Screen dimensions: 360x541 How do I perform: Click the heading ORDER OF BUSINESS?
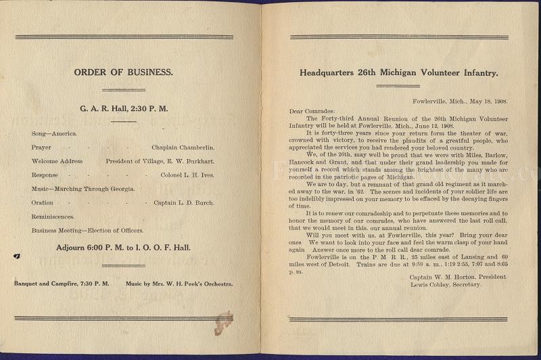(124, 72)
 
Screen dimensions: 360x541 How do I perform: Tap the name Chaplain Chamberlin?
(183, 147)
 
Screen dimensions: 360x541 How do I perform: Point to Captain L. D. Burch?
(184, 203)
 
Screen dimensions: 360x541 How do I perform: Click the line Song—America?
(54, 133)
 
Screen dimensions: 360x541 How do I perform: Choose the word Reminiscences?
(53, 217)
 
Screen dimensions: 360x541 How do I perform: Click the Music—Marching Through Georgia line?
(83, 189)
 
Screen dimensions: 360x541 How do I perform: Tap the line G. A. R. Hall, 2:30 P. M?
(124, 108)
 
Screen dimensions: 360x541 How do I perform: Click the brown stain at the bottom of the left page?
(223, 323)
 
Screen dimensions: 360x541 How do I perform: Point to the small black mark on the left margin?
(15, 256)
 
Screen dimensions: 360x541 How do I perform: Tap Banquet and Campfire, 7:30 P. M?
(62, 284)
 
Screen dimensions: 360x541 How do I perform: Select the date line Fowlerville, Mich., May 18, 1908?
(461, 102)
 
